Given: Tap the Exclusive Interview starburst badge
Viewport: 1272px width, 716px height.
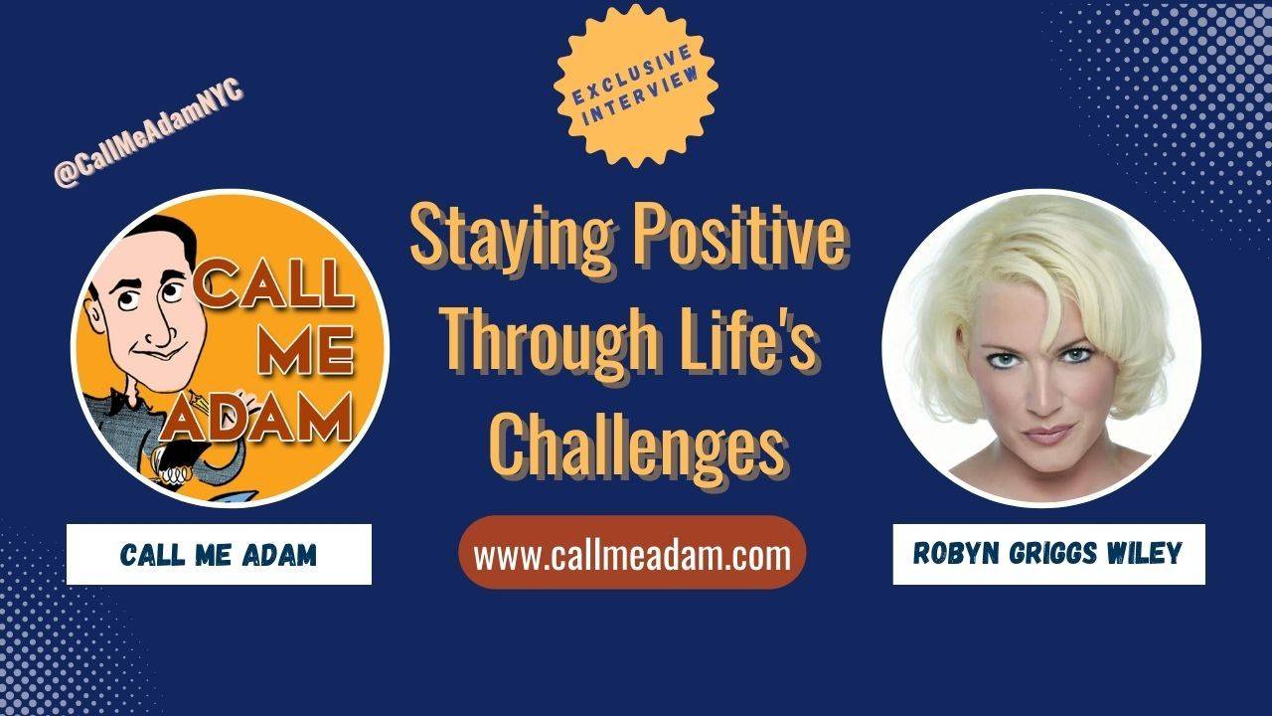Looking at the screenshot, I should [x=636, y=85].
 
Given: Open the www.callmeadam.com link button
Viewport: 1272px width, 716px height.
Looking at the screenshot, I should [x=632, y=554].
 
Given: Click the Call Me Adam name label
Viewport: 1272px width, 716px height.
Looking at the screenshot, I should [x=219, y=554].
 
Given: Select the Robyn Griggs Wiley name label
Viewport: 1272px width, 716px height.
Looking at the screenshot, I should [x=1048, y=554].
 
